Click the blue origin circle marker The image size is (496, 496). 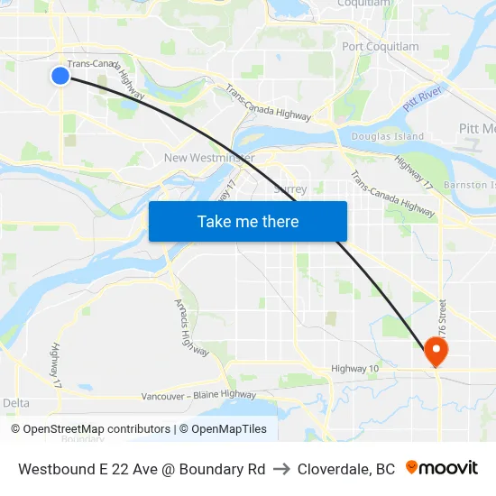point(60,76)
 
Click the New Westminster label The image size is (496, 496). point(209,159)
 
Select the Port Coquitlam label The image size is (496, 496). point(381,47)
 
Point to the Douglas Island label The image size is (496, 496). point(387,137)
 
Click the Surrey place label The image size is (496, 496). point(290,189)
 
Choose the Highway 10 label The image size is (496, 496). point(355,368)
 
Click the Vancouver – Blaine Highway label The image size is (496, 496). point(198,395)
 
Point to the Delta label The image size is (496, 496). point(16,403)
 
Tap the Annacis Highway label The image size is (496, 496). point(186,322)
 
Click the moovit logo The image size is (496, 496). point(441,468)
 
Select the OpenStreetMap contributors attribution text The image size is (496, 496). point(96,429)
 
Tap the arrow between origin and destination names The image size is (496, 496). point(281,469)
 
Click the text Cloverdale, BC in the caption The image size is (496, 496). point(346,469)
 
